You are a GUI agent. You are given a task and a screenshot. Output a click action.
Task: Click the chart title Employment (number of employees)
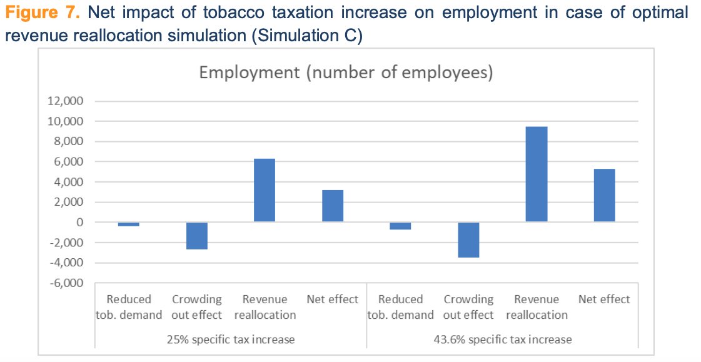(346, 73)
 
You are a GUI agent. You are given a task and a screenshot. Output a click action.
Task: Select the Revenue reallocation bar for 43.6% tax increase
(537, 174)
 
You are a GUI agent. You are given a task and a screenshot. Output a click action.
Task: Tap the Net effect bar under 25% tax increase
(333, 206)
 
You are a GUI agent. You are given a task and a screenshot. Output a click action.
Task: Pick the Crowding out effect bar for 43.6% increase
(468, 239)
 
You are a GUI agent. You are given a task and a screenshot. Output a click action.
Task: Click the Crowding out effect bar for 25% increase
(197, 236)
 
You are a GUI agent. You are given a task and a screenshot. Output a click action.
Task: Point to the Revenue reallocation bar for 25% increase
(265, 190)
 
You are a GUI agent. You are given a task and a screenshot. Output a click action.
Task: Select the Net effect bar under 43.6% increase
(604, 195)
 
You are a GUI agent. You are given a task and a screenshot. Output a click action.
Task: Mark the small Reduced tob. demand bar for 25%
(129, 224)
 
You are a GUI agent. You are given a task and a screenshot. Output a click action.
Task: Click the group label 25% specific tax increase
(230, 339)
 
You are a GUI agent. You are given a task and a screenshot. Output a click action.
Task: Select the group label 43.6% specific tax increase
(502, 339)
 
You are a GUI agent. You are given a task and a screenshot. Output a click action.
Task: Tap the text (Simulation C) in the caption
(306, 36)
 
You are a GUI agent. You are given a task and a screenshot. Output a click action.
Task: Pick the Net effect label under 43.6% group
(604, 299)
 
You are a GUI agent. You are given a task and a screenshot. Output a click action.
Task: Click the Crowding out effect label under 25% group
(196, 306)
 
